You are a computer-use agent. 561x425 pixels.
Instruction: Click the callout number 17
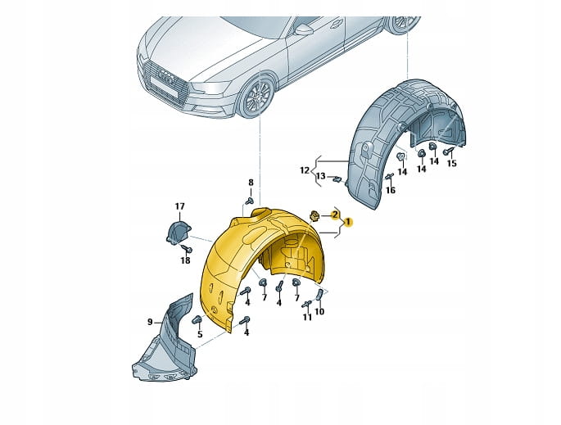(180, 206)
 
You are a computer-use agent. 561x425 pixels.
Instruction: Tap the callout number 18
(185, 260)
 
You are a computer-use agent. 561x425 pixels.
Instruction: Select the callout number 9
(150, 322)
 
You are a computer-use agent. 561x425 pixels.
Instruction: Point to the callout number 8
(251, 182)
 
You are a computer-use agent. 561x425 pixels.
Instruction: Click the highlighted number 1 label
(348, 222)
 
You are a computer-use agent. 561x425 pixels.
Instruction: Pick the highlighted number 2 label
(334, 215)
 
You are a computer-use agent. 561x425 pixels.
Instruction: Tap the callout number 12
(304, 170)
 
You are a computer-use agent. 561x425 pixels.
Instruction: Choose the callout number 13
(321, 176)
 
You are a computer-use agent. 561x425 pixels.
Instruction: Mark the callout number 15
(452, 164)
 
